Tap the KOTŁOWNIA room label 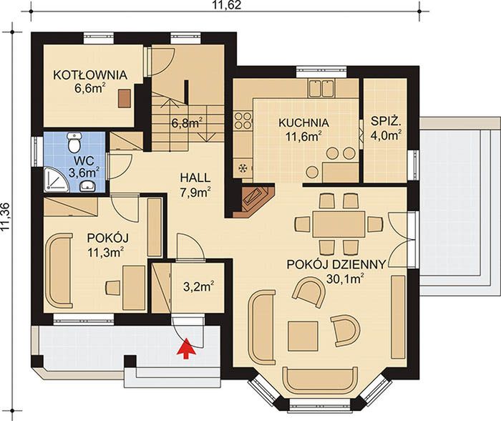[90, 74]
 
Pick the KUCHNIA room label [303, 122]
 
